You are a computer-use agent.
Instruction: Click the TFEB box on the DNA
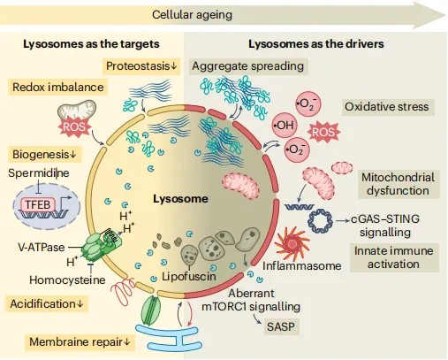coord(38,204)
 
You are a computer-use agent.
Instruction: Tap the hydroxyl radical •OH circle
coord(285,126)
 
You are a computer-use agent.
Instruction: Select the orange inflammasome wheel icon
coord(292,244)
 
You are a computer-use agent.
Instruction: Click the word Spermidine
coord(39,172)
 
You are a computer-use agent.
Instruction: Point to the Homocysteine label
coord(67,280)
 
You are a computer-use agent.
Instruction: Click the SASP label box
coord(281,326)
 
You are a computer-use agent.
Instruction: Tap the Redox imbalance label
coord(57,88)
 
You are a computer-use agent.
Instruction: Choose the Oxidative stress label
coord(387,107)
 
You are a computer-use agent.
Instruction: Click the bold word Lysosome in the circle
coord(180,199)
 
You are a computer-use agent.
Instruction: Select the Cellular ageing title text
coord(192,15)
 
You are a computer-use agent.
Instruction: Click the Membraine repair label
coord(80,342)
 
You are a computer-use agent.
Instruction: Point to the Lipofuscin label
coord(189,276)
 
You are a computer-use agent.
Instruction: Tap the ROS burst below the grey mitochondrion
coord(74,126)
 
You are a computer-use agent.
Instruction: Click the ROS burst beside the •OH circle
coord(323,132)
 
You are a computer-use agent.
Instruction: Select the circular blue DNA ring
coord(320,221)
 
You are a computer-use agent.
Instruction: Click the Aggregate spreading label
coord(247,66)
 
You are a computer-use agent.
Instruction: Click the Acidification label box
coord(47,304)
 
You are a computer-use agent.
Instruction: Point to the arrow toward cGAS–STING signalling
coord(343,220)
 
